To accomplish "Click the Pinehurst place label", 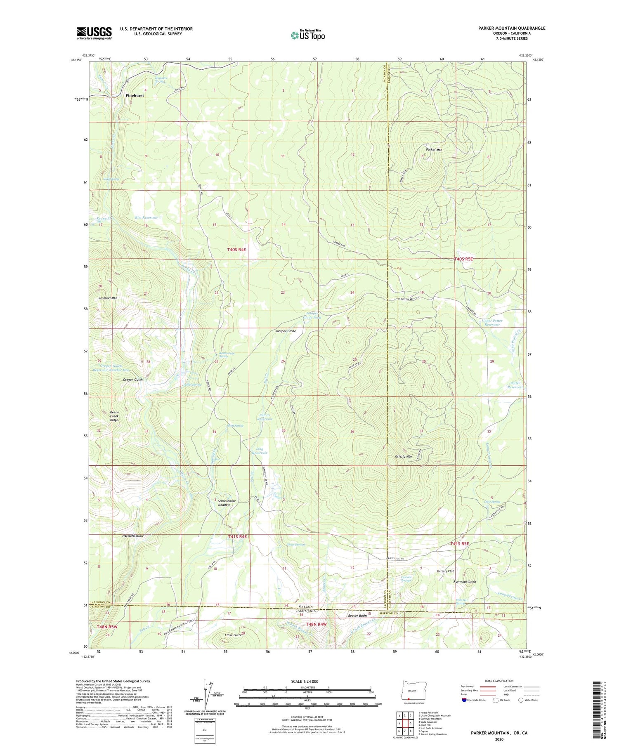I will click(135, 95).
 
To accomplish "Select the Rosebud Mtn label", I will click(108, 298).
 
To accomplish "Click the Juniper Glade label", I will click(286, 331).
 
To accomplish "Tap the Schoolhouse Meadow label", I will click(227, 503).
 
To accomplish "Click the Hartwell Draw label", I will click(133, 536).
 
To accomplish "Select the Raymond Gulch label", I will click(465, 582).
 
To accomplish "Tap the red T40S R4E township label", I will click(237, 250).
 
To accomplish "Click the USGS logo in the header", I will click(94, 33).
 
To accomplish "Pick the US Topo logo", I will click(307, 35).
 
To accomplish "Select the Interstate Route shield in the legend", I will click(464, 700).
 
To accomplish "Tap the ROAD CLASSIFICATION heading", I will click(499, 681).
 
